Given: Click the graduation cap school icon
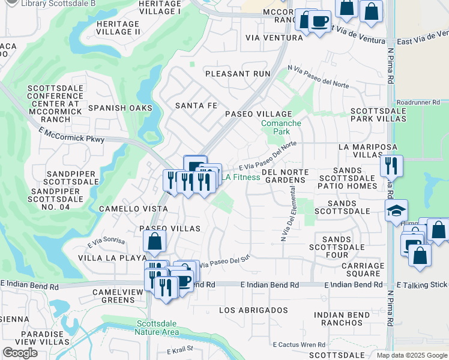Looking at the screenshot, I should coord(397,211).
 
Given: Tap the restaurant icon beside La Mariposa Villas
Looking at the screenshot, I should coord(391,165).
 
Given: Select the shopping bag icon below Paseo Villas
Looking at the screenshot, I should coord(154,242).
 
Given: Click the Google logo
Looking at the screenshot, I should coord(20,353).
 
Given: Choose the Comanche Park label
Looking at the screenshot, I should coord(281,127).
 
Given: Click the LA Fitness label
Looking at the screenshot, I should coord(242,177).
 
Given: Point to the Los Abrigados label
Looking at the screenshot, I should coord(253,310).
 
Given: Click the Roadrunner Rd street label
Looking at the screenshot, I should coord(423,103).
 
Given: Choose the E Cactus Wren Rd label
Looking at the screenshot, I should coord(299,345).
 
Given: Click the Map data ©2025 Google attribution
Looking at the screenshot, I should coord(411,355).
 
